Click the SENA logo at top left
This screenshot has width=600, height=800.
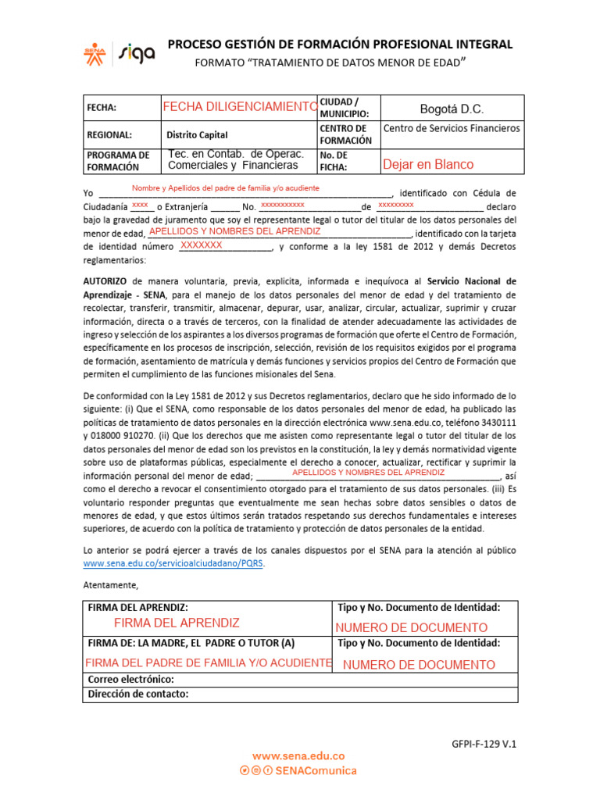click(94, 52)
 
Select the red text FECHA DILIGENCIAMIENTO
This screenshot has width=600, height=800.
click(239, 106)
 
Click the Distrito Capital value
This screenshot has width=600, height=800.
click(197, 134)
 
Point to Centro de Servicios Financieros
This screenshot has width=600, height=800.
click(451, 127)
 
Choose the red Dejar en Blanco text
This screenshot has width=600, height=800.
click(427, 164)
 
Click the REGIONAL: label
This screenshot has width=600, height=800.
click(109, 134)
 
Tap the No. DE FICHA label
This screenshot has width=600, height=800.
click(334, 161)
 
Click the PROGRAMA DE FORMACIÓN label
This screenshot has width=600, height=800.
click(118, 161)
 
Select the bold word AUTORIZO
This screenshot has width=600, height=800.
click(105, 280)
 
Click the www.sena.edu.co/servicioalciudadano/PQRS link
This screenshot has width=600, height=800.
click(173, 563)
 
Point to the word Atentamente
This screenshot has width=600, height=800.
click(110, 585)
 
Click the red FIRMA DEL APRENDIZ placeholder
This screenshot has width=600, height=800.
click(177, 623)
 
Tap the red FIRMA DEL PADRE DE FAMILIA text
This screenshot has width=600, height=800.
click(208, 662)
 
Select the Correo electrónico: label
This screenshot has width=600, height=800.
click(130, 680)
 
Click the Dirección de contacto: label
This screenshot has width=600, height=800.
click(137, 694)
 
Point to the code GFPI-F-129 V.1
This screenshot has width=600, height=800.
click(484, 745)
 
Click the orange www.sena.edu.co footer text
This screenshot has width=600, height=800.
click(298, 756)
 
